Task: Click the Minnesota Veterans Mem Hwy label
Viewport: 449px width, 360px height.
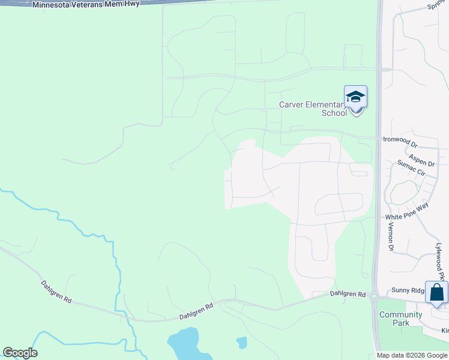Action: tap(86, 5)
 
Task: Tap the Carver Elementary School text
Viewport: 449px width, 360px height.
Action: tap(312, 109)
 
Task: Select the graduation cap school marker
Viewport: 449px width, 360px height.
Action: tap(355, 98)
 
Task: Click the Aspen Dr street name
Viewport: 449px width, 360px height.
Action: tap(423, 160)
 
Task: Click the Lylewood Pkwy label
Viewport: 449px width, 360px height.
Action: tap(440, 262)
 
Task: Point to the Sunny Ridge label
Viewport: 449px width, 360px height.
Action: tap(409, 290)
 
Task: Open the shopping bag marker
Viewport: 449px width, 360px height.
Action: tap(436, 293)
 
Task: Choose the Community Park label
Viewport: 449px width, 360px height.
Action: tap(400, 319)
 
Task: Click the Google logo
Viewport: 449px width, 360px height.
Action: tap(20, 353)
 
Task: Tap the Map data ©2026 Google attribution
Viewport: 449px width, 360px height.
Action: tap(411, 355)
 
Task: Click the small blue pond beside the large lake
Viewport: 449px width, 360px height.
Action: tap(242, 343)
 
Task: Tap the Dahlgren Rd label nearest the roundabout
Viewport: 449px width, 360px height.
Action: tap(348, 295)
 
